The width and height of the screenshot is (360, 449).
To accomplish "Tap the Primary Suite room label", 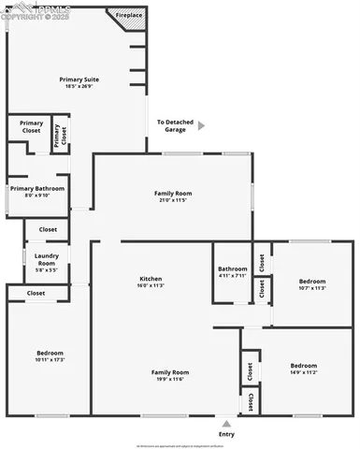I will (x=79, y=80).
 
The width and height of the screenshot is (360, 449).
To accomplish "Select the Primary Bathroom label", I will (x=37, y=188).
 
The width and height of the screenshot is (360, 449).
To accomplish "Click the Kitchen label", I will (x=151, y=280).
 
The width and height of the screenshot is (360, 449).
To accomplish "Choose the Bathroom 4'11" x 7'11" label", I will (x=233, y=269).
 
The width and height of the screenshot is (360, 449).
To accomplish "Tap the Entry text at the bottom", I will (x=226, y=434).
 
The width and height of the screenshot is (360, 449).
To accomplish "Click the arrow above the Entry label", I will (x=226, y=422).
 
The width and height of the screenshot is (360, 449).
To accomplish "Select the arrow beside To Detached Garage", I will (x=200, y=125).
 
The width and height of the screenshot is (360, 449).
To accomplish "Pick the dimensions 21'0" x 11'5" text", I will (x=172, y=199).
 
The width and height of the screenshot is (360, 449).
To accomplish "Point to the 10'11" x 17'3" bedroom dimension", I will (x=49, y=359).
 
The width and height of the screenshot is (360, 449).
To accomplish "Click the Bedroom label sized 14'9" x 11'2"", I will (x=303, y=365).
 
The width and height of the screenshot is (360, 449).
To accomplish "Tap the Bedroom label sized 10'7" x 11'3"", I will (x=312, y=282).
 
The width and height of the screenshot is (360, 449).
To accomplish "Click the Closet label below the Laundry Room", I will (x=36, y=293).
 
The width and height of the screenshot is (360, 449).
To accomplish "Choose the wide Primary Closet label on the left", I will (x=31, y=127).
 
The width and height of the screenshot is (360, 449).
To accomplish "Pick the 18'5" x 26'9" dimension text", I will (x=79, y=86).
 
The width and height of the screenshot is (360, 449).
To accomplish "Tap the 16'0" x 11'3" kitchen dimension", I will (x=151, y=286).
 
